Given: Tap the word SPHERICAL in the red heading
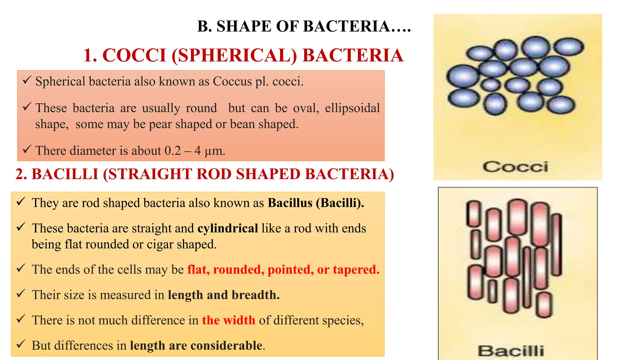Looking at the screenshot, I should [x=234, y=56].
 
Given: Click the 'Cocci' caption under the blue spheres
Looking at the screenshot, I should [x=515, y=167].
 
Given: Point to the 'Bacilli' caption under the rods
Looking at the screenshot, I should [x=511, y=351].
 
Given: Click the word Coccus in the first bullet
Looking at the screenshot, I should [x=232, y=82].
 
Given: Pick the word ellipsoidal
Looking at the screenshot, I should [x=352, y=108].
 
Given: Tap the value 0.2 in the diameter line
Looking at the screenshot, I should [x=173, y=151].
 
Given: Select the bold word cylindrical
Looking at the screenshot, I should [x=228, y=229].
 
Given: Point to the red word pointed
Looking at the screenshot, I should [x=291, y=270].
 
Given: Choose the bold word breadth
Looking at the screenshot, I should [x=256, y=295].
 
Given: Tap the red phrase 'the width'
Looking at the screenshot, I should [x=229, y=320].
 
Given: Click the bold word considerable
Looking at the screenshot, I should [x=227, y=346].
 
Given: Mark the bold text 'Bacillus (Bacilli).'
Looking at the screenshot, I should [x=316, y=203].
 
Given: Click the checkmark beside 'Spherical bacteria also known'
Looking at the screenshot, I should [x=27, y=80].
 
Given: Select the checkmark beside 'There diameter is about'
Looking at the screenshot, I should [x=27, y=150].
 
